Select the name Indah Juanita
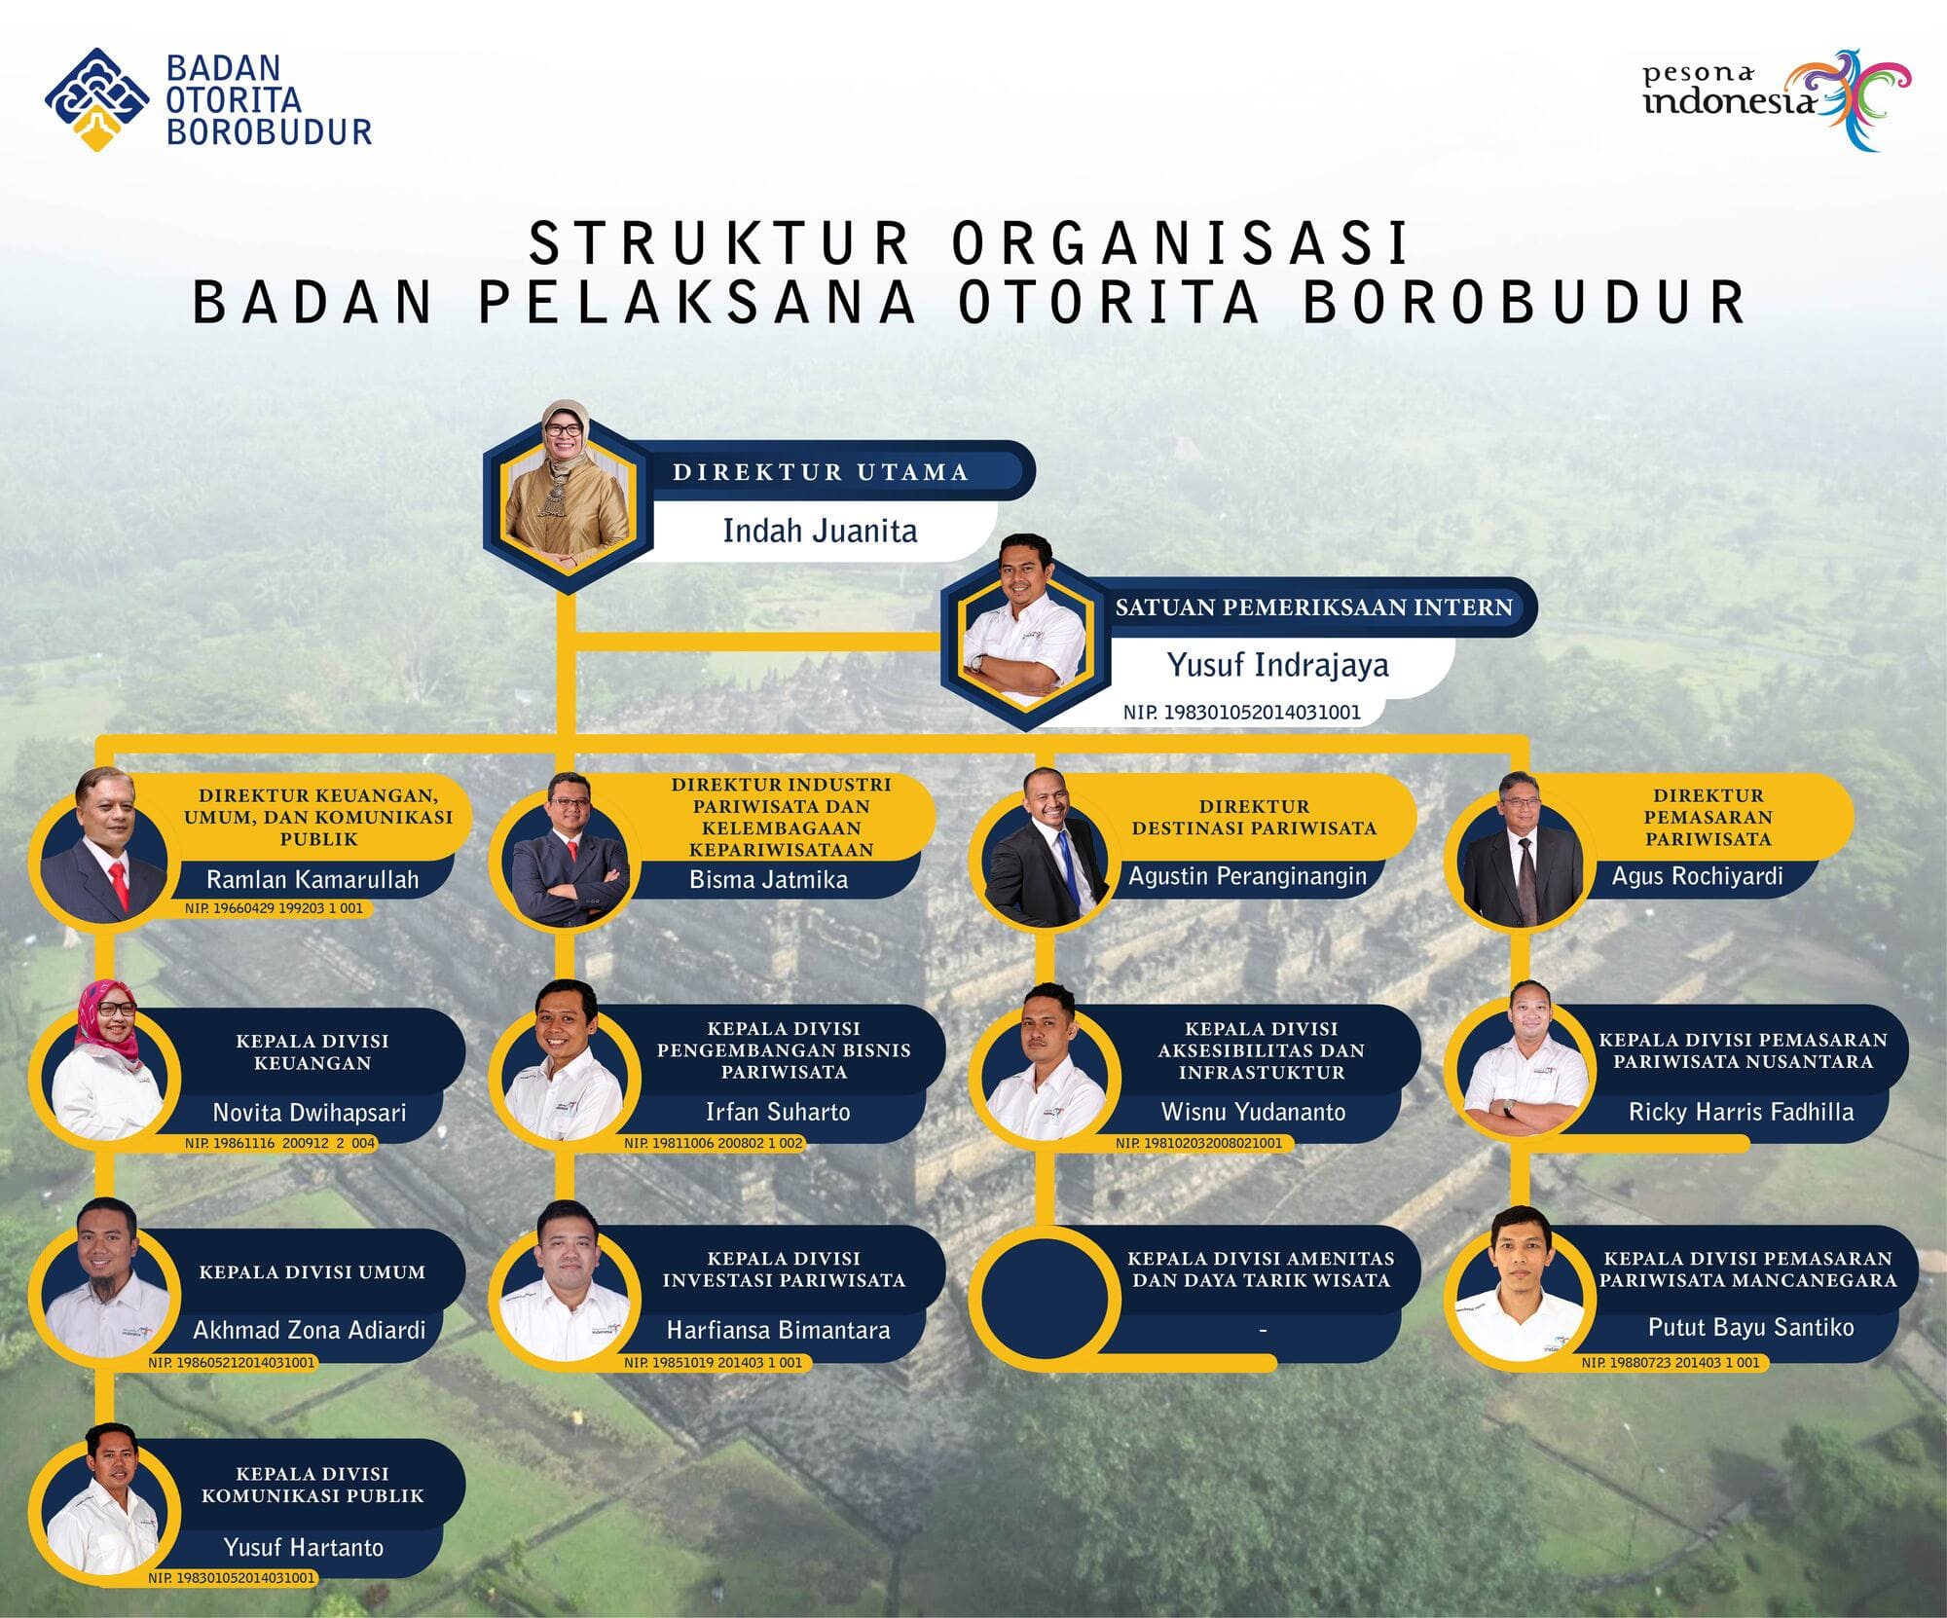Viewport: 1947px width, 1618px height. (820, 531)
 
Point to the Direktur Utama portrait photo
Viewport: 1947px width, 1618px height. (567, 486)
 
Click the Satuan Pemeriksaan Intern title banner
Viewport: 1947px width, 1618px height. (1314, 607)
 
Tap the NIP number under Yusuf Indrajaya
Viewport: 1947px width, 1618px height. (1241, 712)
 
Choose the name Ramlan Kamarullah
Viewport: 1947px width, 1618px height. (312, 879)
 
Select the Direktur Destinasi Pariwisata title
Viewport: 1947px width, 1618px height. (1254, 818)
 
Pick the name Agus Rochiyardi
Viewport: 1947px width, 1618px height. (1698, 875)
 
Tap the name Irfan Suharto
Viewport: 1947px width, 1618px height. (778, 1112)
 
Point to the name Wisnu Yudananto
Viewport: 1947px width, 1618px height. (1254, 1112)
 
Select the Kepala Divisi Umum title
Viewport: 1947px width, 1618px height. (312, 1272)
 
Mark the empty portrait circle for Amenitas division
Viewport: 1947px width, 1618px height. (1042, 1296)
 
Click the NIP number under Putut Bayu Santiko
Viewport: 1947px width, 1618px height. (1671, 1363)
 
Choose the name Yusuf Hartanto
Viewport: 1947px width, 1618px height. (304, 1547)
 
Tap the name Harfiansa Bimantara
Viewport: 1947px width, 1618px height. (778, 1330)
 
